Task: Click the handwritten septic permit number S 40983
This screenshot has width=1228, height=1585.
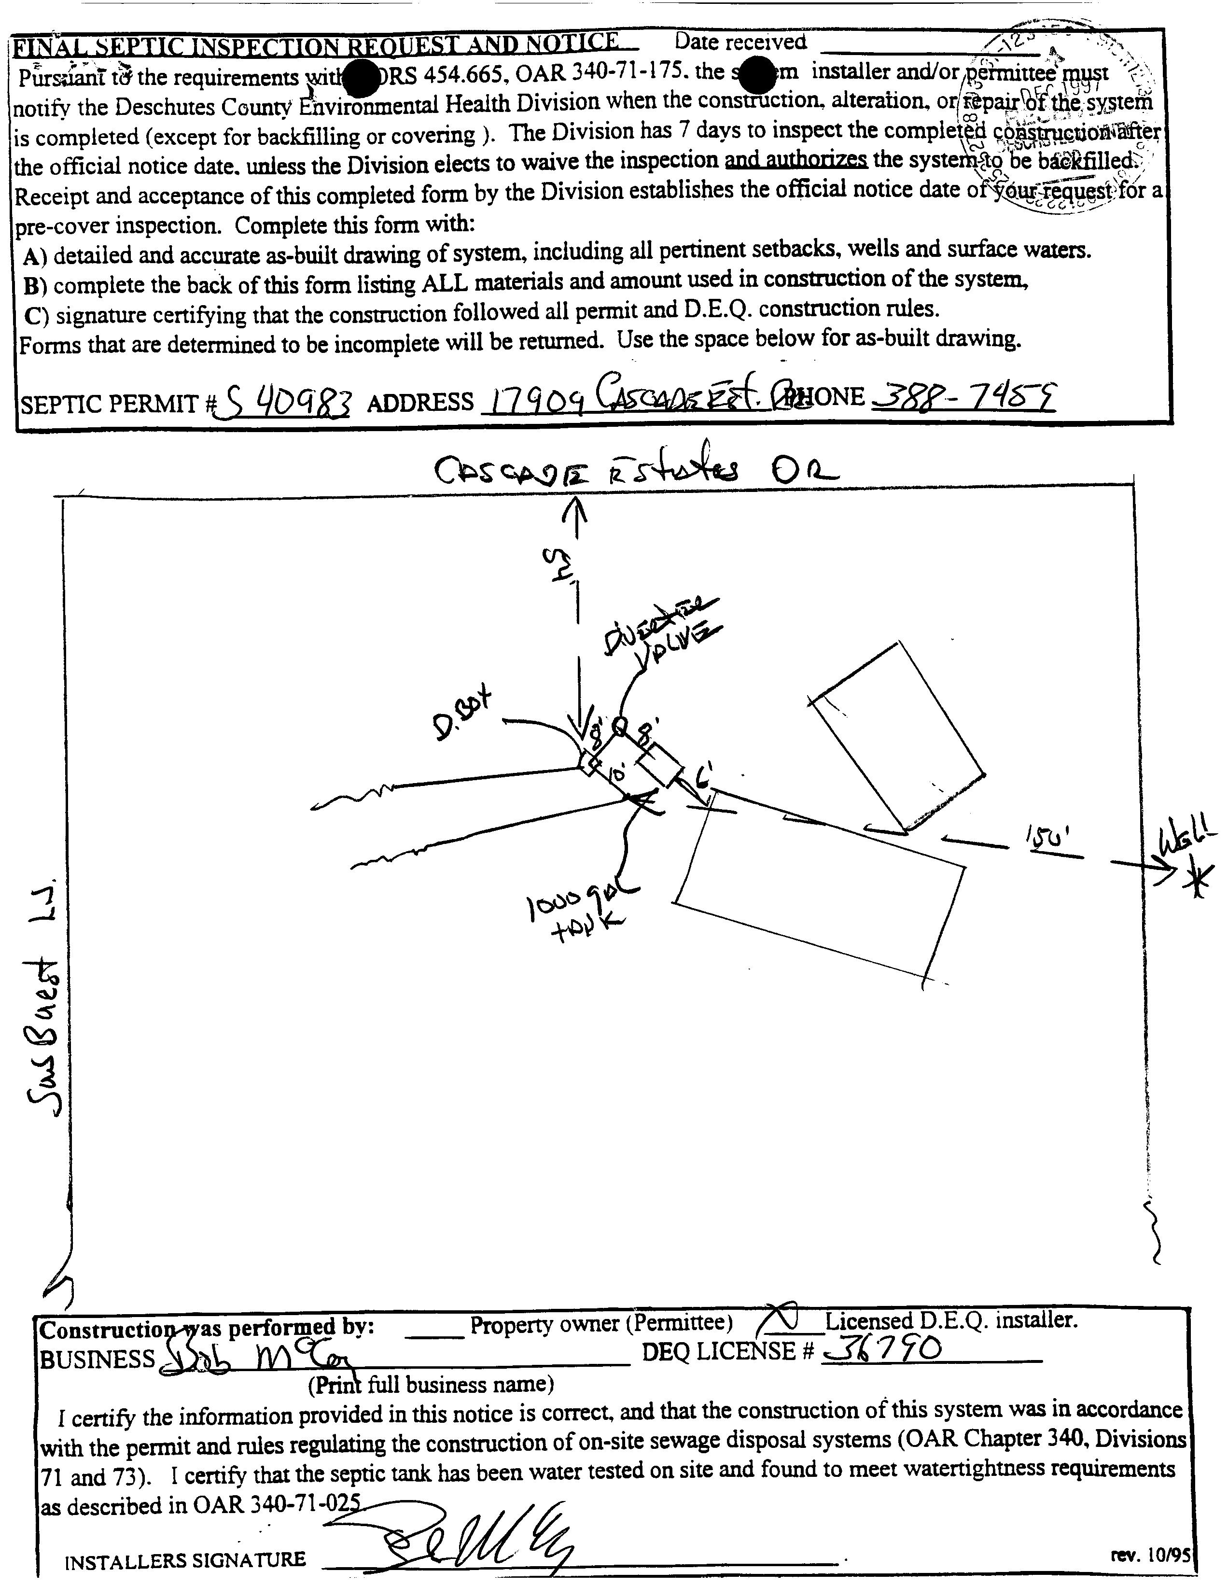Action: click(287, 401)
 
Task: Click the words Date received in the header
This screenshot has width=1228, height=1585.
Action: click(740, 42)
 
